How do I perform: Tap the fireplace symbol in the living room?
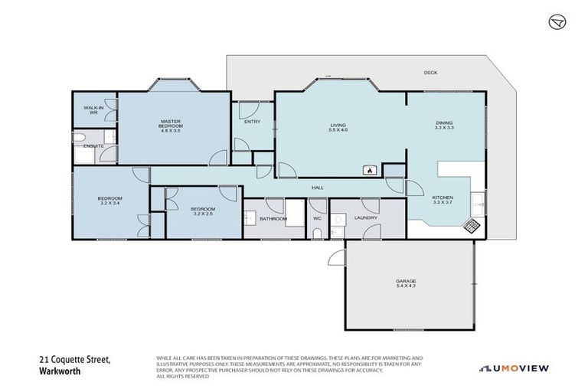coord(369,170)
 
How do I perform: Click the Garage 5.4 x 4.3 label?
coord(407,283)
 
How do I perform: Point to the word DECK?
coord(430,73)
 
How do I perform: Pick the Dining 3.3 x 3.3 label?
coord(444,126)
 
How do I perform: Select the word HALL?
coord(316,187)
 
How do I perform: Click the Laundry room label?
coord(366,218)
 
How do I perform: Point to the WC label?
coord(317,218)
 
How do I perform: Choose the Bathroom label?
coord(273,219)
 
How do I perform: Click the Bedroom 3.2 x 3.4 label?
coord(110,201)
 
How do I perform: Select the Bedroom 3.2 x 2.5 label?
coord(203,211)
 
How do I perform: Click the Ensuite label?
coord(93,145)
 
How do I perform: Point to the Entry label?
coord(252,122)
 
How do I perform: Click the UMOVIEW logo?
coord(514,368)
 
